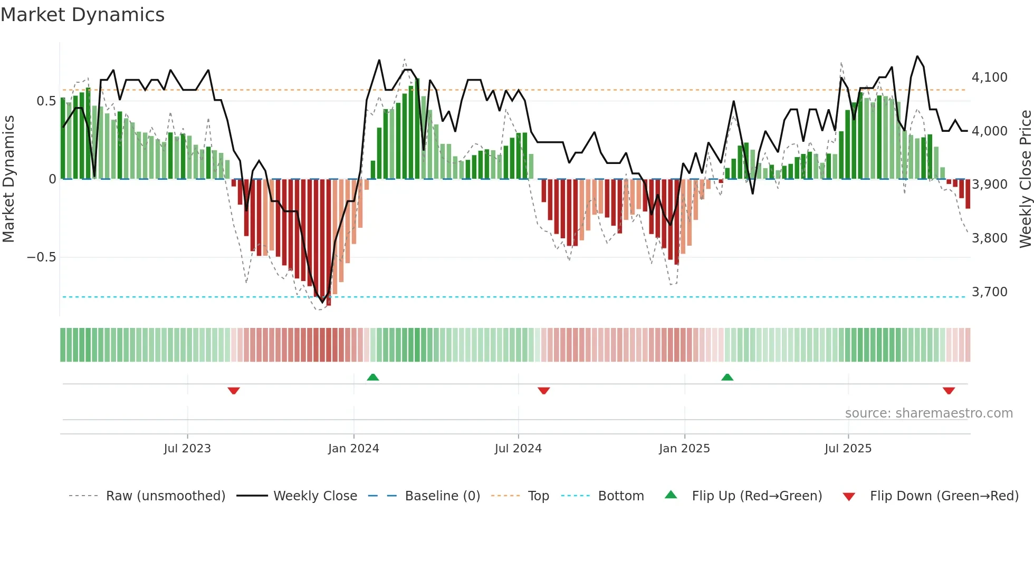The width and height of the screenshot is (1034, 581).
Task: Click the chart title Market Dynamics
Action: click(82, 15)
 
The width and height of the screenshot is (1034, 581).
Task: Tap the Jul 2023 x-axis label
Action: click(187, 449)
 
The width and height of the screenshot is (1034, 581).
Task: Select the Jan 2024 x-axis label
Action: click(353, 449)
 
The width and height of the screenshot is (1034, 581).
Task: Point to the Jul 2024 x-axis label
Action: click(518, 449)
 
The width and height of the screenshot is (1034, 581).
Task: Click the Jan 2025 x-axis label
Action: click(684, 449)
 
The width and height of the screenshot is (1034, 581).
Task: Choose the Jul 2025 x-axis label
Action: click(848, 449)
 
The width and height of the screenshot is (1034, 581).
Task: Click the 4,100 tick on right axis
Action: click(989, 78)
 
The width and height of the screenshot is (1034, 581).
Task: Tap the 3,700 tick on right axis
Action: click(989, 292)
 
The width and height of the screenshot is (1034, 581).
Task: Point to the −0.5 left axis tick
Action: click(41, 257)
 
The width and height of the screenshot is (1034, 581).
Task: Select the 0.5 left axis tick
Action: click(46, 101)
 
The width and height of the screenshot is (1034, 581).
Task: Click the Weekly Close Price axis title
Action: click(1025, 179)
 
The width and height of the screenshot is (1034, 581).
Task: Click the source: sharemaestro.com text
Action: click(928, 413)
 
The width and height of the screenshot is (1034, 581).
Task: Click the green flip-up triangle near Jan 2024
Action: click(373, 377)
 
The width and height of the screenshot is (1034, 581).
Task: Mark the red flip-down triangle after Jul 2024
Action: click(544, 391)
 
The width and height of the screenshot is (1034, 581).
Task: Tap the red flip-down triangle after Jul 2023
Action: click(234, 391)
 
